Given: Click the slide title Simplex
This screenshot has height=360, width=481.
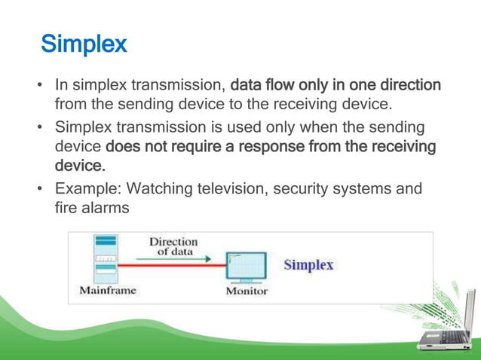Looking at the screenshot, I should click(84, 44).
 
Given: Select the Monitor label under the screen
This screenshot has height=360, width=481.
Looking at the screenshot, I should click(247, 291).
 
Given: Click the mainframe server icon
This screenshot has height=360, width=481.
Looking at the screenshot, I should click(106, 259).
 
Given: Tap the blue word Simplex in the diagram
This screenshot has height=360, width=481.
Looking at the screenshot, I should click(308, 265).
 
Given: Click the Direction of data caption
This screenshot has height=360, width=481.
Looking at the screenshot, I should click(173, 246).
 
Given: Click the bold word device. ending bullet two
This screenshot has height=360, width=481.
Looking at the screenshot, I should click(79, 163).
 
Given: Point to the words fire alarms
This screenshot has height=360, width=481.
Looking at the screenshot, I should click(92, 206).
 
